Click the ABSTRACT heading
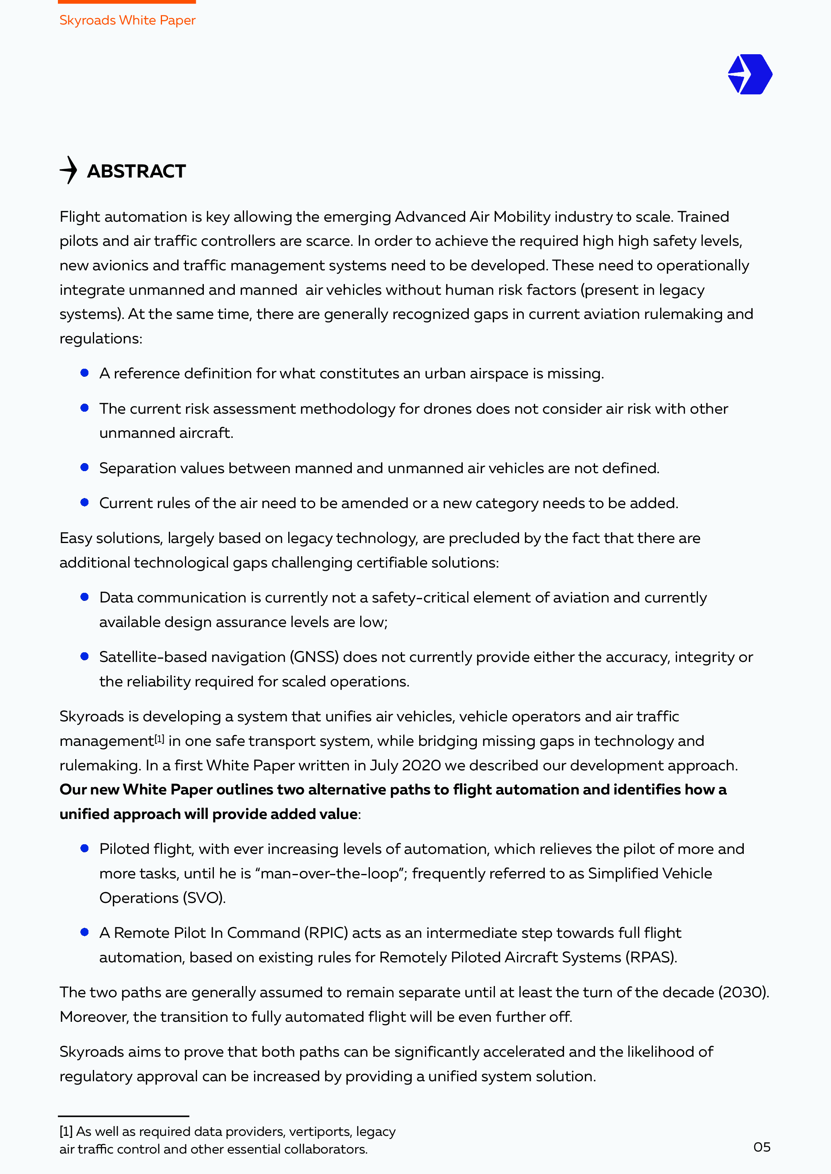[x=136, y=171]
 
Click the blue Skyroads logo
[x=750, y=75]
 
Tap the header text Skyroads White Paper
[x=127, y=20]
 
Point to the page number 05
[x=761, y=1147]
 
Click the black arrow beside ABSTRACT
[x=69, y=170]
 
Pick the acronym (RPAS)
[x=650, y=957]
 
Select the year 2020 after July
[x=421, y=766]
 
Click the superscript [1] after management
[x=159, y=739]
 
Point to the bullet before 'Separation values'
[x=85, y=468]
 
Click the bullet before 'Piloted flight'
[x=85, y=848]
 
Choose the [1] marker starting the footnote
[x=66, y=1131]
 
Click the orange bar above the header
[x=127, y=2]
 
